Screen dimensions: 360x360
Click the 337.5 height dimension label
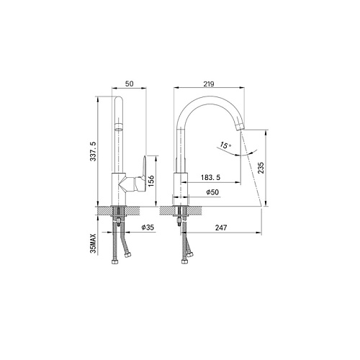tap(93, 151)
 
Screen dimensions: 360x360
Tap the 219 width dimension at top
tap(209, 84)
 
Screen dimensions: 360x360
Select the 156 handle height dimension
tap(151, 181)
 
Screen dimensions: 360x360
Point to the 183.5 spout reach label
tap(210, 177)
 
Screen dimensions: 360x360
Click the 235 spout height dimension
tap(261, 168)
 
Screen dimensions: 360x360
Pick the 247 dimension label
tap(221, 228)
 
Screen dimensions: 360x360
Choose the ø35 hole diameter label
tap(148, 227)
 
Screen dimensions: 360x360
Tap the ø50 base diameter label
tap(212, 192)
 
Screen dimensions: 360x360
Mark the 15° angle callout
tap(225, 145)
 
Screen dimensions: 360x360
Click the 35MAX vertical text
tap(93, 243)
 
